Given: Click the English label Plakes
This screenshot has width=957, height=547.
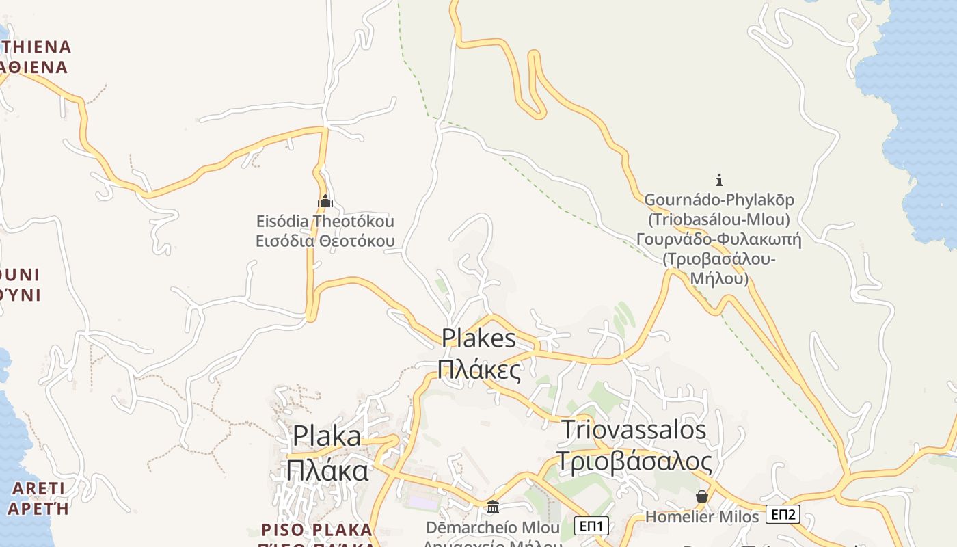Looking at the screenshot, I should (478, 338).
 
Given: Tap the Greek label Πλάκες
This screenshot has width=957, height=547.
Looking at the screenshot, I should (478, 369).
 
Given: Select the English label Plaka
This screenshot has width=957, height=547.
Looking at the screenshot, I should (327, 436).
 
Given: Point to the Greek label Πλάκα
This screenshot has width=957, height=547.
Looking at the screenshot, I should (327, 470).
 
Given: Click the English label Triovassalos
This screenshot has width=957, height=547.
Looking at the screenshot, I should (634, 429).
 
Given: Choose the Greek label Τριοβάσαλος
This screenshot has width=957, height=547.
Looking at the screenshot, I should (634, 462).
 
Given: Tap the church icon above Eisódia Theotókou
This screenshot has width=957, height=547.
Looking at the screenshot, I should (325, 201).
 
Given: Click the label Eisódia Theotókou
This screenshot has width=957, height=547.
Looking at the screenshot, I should (325, 222).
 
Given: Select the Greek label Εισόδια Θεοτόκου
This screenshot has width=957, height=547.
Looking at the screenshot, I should (325, 241).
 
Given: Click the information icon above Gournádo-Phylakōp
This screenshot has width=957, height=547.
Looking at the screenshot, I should (718, 180).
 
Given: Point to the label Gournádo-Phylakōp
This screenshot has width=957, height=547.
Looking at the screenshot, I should (719, 200).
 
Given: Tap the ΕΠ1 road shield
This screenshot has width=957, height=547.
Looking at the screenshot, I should (591, 526).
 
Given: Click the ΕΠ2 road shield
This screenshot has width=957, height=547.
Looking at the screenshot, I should (783, 514).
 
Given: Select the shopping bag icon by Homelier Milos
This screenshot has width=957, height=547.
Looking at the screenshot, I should (702, 496).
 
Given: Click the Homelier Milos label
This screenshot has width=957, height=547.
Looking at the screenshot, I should (702, 517).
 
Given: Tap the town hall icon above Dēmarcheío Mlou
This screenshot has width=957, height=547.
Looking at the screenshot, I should (493, 507).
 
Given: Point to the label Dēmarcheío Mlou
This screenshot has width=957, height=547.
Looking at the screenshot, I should (492, 528).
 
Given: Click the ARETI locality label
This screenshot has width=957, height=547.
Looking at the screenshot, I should (38, 488).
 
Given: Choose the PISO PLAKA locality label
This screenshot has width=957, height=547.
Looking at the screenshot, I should (317, 530).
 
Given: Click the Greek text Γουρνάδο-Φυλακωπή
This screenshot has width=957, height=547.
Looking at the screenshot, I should (718, 239).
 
